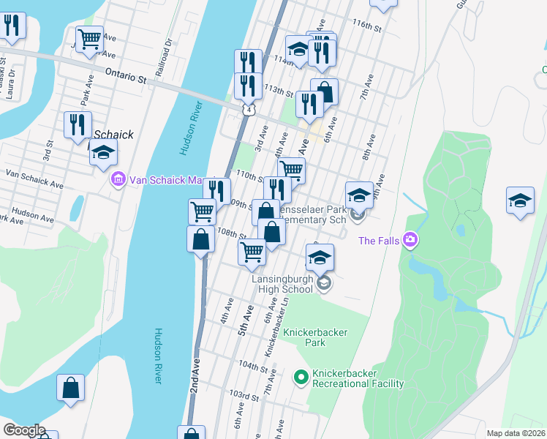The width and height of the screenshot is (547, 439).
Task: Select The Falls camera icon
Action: coord(410,239)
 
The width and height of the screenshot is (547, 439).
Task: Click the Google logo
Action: coord(23,430)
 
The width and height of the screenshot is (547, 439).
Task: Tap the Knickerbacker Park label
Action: coord(315,337)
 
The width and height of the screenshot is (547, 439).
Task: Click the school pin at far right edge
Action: coord(519,200)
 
